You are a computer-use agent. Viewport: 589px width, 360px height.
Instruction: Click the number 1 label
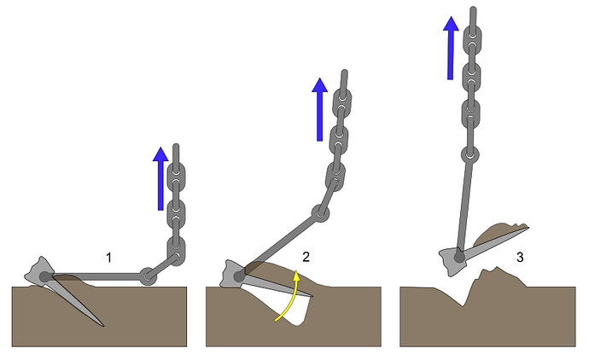pos(108,258)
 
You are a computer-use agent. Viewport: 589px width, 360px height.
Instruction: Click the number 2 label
pos(306,257)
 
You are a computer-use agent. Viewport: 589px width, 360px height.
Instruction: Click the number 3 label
pos(520,257)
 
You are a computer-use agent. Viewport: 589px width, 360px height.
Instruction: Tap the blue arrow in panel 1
pos(160,178)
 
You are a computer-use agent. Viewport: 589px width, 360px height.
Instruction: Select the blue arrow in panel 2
pos(319,109)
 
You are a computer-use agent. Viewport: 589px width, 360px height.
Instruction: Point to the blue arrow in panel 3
pos(451,48)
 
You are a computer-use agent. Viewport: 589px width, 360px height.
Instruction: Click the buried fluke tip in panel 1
pos(102,325)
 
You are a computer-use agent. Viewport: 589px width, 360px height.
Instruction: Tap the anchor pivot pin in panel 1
pos(45,277)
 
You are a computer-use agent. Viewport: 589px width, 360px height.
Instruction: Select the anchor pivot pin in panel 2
pos(239,277)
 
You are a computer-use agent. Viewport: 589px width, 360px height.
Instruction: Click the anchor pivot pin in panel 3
pos(459,257)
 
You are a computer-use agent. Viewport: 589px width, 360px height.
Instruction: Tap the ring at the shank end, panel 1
pos(148,276)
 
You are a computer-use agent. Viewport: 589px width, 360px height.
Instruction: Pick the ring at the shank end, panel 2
pos(320,213)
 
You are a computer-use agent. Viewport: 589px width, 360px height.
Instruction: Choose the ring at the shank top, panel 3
pos(470,154)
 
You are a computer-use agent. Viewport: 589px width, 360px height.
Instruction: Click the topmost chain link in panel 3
pos(472,38)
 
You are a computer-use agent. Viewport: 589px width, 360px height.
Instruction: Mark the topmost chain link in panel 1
pos(176,174)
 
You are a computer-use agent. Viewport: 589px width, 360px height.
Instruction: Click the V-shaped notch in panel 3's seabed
pos(463,305)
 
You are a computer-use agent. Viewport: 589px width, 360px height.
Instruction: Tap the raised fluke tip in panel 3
pos(528,227)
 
